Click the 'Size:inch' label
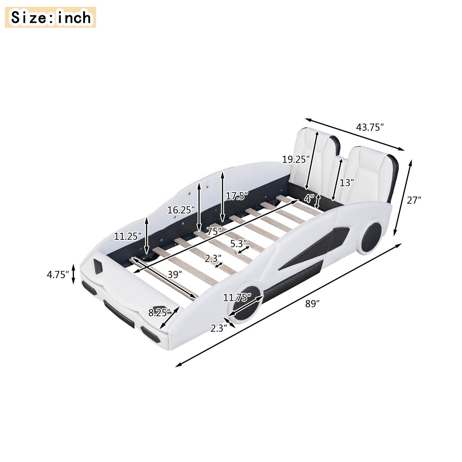[x=51, y=18]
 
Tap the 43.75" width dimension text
[x=370, y=127]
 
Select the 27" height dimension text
[x=414, y=200]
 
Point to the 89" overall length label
[x=313, y=304]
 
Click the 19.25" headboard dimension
[x=296, y=159]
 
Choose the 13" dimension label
[x=347, y=183]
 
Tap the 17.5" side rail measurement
[x=237, y=196]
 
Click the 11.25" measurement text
[x=128, y=236]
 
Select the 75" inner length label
[x=214, y=231]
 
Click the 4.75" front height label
[x=58, y=274]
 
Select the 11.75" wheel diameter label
[x=237, y=298]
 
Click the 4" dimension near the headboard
[x=309, y=199]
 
